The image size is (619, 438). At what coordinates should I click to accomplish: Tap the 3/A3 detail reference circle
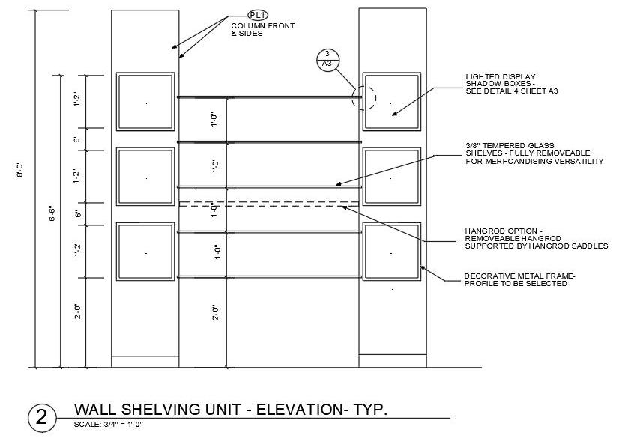click(x=327, y=59)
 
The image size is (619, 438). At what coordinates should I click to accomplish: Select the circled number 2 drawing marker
click(x=40, y=417)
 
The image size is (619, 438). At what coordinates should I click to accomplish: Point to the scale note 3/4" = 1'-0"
click(x=108, y=425)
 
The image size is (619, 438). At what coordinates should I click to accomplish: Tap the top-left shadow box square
click(x=145, y=102)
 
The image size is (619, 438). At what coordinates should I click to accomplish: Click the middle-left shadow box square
click(x=145, y=177)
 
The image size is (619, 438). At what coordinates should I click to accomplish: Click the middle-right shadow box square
click(x=391, y=177)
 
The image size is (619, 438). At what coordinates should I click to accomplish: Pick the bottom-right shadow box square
click(x=391, y=251)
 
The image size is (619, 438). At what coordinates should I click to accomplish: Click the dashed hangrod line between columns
click(x=270, y=204)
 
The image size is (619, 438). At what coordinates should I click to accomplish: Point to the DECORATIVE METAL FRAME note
click(x=519, y=279)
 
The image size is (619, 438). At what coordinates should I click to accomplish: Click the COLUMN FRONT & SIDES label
click(x=262, y=30)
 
